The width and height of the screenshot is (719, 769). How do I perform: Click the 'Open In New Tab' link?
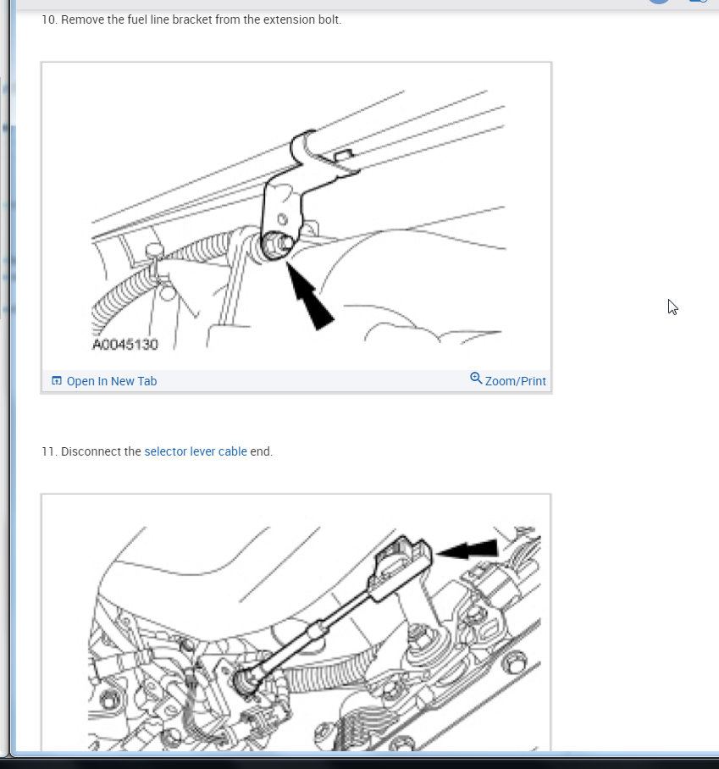(111, 381)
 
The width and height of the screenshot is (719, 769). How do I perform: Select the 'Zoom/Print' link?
(515, 381)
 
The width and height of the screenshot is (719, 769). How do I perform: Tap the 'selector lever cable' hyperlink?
(195, 451)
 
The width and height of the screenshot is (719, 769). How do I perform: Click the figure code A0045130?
(125, 345)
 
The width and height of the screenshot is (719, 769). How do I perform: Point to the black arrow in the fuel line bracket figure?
(309, 296)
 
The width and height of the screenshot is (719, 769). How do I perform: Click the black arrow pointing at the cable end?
(467, 549)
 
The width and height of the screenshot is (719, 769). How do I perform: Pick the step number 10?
(49, 19)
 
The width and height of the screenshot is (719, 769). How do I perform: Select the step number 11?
(49, 451)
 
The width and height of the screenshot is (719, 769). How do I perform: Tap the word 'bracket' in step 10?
(192, 19)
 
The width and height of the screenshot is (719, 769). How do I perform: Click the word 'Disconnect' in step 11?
(101, 451)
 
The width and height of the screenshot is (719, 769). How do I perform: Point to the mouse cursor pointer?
(672, 307)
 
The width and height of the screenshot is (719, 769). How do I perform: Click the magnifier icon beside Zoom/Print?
(476, 378)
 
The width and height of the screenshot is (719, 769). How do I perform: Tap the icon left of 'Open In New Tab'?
(57, 380)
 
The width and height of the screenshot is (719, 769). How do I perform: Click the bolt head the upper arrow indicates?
(278, 245)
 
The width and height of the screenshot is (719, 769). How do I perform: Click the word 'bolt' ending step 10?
(329, 19)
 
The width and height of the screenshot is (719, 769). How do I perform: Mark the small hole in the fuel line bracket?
(283, 219)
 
